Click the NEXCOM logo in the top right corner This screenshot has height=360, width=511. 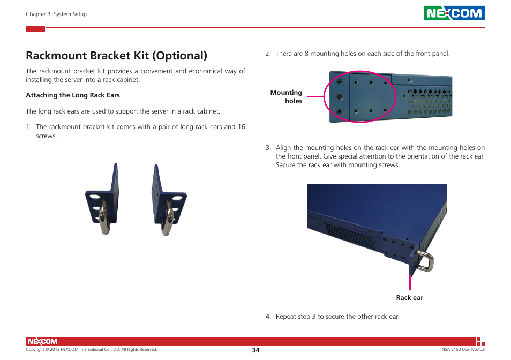pos(454,13)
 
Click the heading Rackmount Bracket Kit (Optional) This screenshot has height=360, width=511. pos(116,55)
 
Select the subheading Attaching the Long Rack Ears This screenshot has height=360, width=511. pos(73,95)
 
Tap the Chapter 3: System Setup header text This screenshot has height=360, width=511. pos(56,14)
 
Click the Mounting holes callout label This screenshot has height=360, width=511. pos(287,97)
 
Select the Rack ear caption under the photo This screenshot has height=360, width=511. pos(409,298)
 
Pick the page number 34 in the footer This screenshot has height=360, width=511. pos(255,350)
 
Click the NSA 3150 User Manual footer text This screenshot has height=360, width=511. pos(459,350)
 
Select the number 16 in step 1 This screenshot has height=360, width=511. pos(241,127)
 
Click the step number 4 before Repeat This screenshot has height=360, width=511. pos(267,317)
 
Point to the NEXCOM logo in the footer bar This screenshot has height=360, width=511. pos(42,341)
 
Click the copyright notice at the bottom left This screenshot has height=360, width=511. pos(91,350)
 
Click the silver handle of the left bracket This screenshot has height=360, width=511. pos(104,217)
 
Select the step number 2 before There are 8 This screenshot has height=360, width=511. pos(267,54)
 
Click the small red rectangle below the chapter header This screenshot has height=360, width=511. pos(35,29)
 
